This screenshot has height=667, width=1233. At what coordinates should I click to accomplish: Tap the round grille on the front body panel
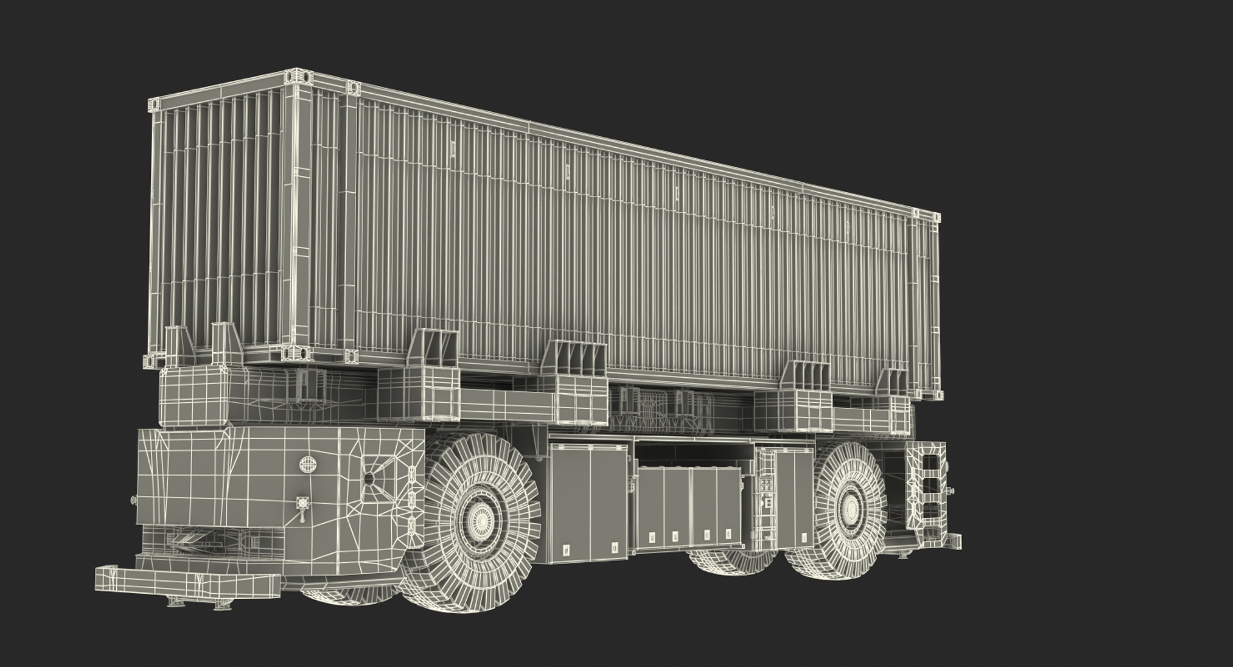pos(308,463)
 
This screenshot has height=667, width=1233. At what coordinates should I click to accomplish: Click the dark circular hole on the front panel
pos(369,479)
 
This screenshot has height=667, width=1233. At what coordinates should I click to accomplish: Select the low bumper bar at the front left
pos(186,582)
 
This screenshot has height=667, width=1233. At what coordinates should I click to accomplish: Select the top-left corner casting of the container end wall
pos(153,103)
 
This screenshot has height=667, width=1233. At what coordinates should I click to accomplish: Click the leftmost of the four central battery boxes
pos(652,508)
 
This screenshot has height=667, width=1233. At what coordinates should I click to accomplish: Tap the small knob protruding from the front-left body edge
pos(133,500)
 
